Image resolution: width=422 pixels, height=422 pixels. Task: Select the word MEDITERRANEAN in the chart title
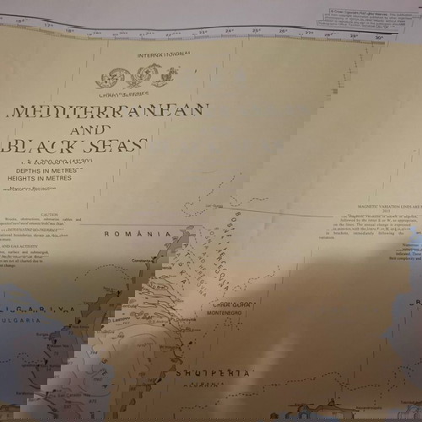tap(108, 112)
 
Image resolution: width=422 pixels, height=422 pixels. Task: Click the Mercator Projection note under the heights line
tap(47, 190)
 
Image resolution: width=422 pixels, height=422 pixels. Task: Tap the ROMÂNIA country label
tap(126, 234)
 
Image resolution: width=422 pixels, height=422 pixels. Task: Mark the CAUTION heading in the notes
tap(50, 215)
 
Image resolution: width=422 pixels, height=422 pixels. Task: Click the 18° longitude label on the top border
tap(70, 30)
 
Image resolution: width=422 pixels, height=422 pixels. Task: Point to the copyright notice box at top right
tap(369, 18)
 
